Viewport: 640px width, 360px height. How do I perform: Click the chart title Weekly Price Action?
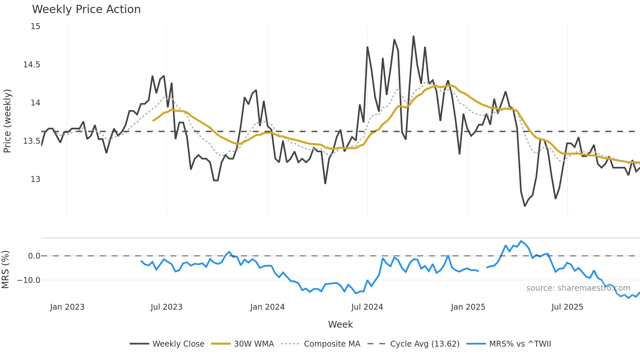pyautogui.click(x=86, y=9)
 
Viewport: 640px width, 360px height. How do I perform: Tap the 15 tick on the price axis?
pyautogui.click(x=35, y=26)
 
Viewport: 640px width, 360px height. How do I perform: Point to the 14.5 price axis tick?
pyautogui.click(x=32, y=65)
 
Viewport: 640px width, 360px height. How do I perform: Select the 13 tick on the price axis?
pyautogui.click(x=35, y=179)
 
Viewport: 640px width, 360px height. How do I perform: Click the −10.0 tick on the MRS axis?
pyautogui.click(x=29, y=280)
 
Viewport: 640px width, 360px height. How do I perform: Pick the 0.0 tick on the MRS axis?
pyautogui.click(x=34, y=256)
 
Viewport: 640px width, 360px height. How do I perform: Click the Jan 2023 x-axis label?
pyautogui.click(x=67, y=307)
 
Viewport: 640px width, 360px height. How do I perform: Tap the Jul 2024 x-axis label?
pyautogui.click(x=367, y=307)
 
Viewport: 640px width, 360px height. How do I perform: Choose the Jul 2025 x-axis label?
pyautogui.click(x=567, y=307)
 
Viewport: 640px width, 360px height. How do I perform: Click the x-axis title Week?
pyautogui.click(x=340, y=324)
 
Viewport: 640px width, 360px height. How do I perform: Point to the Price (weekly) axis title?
pyautogui.click(x=7, y=121)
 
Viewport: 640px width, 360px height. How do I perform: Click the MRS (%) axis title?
pyautogui.click(x=5, y=270)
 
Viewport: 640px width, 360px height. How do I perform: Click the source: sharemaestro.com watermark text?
pyautogui.click(x=578, y=288)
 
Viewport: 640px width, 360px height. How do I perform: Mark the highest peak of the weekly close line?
pyautogui.click(x=413, y=36)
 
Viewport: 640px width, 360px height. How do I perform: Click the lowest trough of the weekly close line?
pyautogui.click(x=525, y=206)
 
